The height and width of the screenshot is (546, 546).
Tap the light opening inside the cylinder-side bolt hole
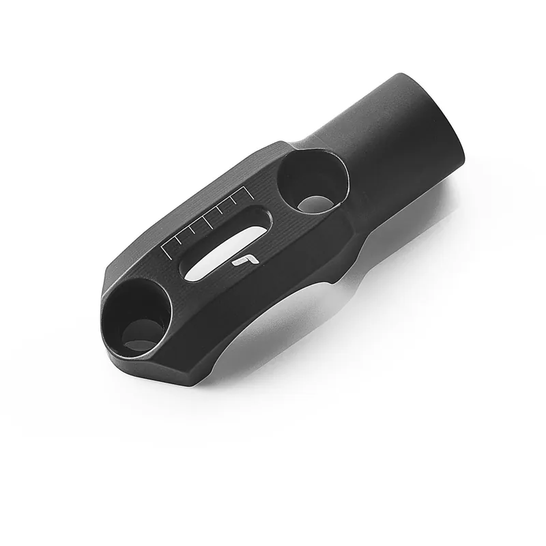tap(315, 202)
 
